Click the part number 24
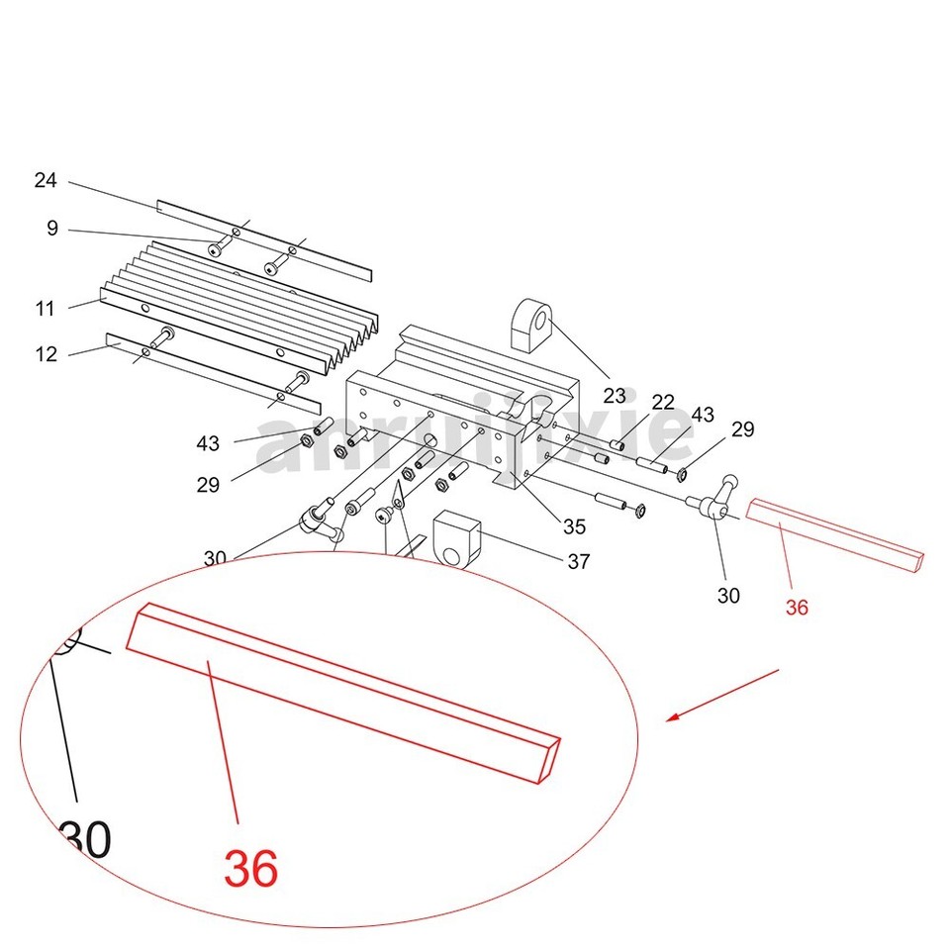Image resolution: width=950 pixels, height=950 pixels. [x=46, y=181]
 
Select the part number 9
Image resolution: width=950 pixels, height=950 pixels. [x=52, y=230]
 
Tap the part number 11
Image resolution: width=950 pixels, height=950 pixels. [x=46, y=309]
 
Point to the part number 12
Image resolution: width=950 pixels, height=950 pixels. [x=47, y=354]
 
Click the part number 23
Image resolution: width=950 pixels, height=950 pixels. [x=615, y=396]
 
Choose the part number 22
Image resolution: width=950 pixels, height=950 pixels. [x=663, y=403]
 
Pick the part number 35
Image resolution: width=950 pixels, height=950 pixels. [x=574, y=526]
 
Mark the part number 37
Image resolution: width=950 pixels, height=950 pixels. [x=578, y=562]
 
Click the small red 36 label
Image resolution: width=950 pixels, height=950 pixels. [x=797, y=608]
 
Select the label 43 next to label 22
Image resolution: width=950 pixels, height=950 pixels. [x=703, y=415]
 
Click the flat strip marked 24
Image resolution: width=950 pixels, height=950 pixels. [x=263, y=237]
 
